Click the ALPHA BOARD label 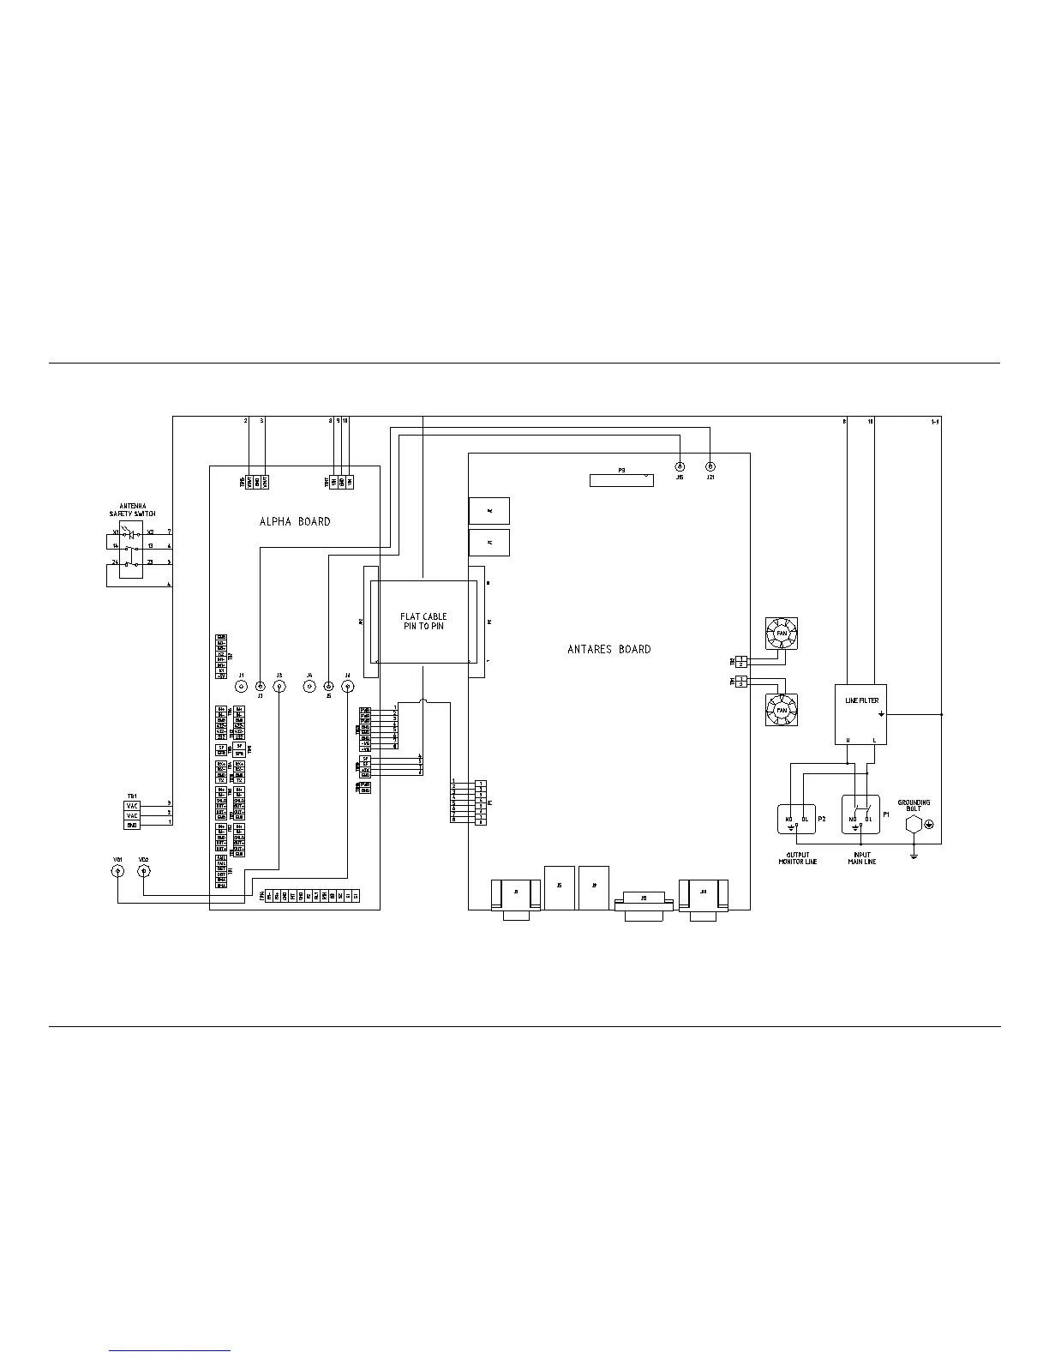tap(295, 521)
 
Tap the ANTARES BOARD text tap(608, 649)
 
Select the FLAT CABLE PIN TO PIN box tap(423, 621)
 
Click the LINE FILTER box tap(860, 713)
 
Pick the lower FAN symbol tap(781, 710)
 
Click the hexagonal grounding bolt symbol tap(914, 824)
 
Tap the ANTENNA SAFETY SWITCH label tap(132, 509)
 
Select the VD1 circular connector tap(117, 871)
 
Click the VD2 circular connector tap(144, 871)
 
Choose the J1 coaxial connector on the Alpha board tap(242, 687)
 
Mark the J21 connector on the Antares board tap(710, 466)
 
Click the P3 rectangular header tap(621, 480)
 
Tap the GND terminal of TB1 tap(132, 824)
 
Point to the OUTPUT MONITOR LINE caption tap(797, 857)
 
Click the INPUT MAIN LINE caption tap(861, 857)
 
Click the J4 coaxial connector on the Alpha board tap(347, 687)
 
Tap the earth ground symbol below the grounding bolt tap(914, 854)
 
